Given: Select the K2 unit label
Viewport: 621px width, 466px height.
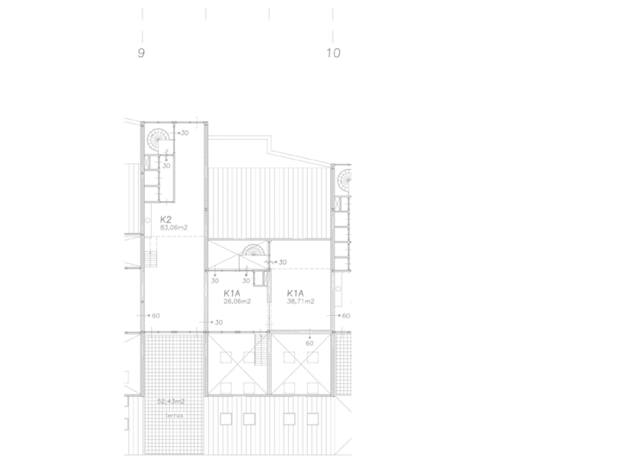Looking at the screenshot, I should [166, 219].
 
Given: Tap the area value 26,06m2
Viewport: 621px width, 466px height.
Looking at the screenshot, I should [237, 302].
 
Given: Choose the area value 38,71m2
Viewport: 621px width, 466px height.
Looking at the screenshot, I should [300, 302].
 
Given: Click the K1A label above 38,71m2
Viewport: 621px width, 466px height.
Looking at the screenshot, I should [295, 293].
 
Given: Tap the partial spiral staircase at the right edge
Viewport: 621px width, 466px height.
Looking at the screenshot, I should [345, 181].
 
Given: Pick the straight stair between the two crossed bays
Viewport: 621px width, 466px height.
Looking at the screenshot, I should [260, 354].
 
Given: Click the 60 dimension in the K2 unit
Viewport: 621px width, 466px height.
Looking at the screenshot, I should [155, 316].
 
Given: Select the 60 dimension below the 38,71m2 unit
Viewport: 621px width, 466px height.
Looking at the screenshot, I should [310, 343].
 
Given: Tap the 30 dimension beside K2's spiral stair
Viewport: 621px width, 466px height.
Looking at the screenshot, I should [184, 134].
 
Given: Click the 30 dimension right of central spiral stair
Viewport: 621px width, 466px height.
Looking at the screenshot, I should [282, 262].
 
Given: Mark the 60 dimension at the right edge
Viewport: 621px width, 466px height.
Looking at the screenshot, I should [346, 316].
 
